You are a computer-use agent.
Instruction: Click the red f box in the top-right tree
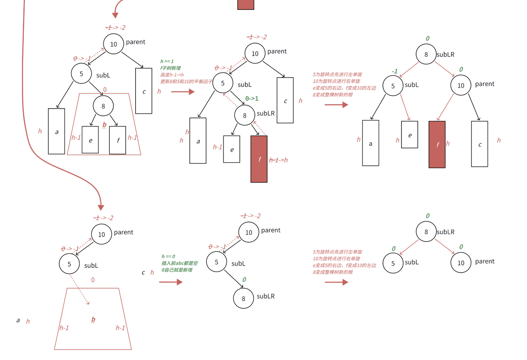437,144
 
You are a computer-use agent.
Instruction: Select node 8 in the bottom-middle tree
243,298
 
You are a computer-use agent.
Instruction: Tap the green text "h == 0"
168,256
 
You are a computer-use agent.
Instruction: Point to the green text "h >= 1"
167,61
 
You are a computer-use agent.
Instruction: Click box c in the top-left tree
144,91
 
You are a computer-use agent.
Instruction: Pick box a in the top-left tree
56,131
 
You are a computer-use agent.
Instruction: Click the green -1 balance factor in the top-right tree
394,71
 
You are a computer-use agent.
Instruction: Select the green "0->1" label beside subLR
252,98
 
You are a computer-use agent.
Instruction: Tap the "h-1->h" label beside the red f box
279,160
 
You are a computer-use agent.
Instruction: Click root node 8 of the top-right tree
426,54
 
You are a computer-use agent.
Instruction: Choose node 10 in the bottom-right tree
461,263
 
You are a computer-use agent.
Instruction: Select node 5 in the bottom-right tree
393,263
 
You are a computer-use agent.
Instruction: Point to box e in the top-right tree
410,135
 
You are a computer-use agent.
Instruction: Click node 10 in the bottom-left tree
102,234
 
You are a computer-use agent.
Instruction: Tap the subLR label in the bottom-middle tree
266,296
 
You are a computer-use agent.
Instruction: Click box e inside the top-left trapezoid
90,140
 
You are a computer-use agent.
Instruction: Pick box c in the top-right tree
479,144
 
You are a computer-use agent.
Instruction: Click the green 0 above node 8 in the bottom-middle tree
244,280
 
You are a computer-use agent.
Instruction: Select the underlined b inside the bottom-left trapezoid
93,319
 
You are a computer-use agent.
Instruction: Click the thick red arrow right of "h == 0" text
170,282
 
